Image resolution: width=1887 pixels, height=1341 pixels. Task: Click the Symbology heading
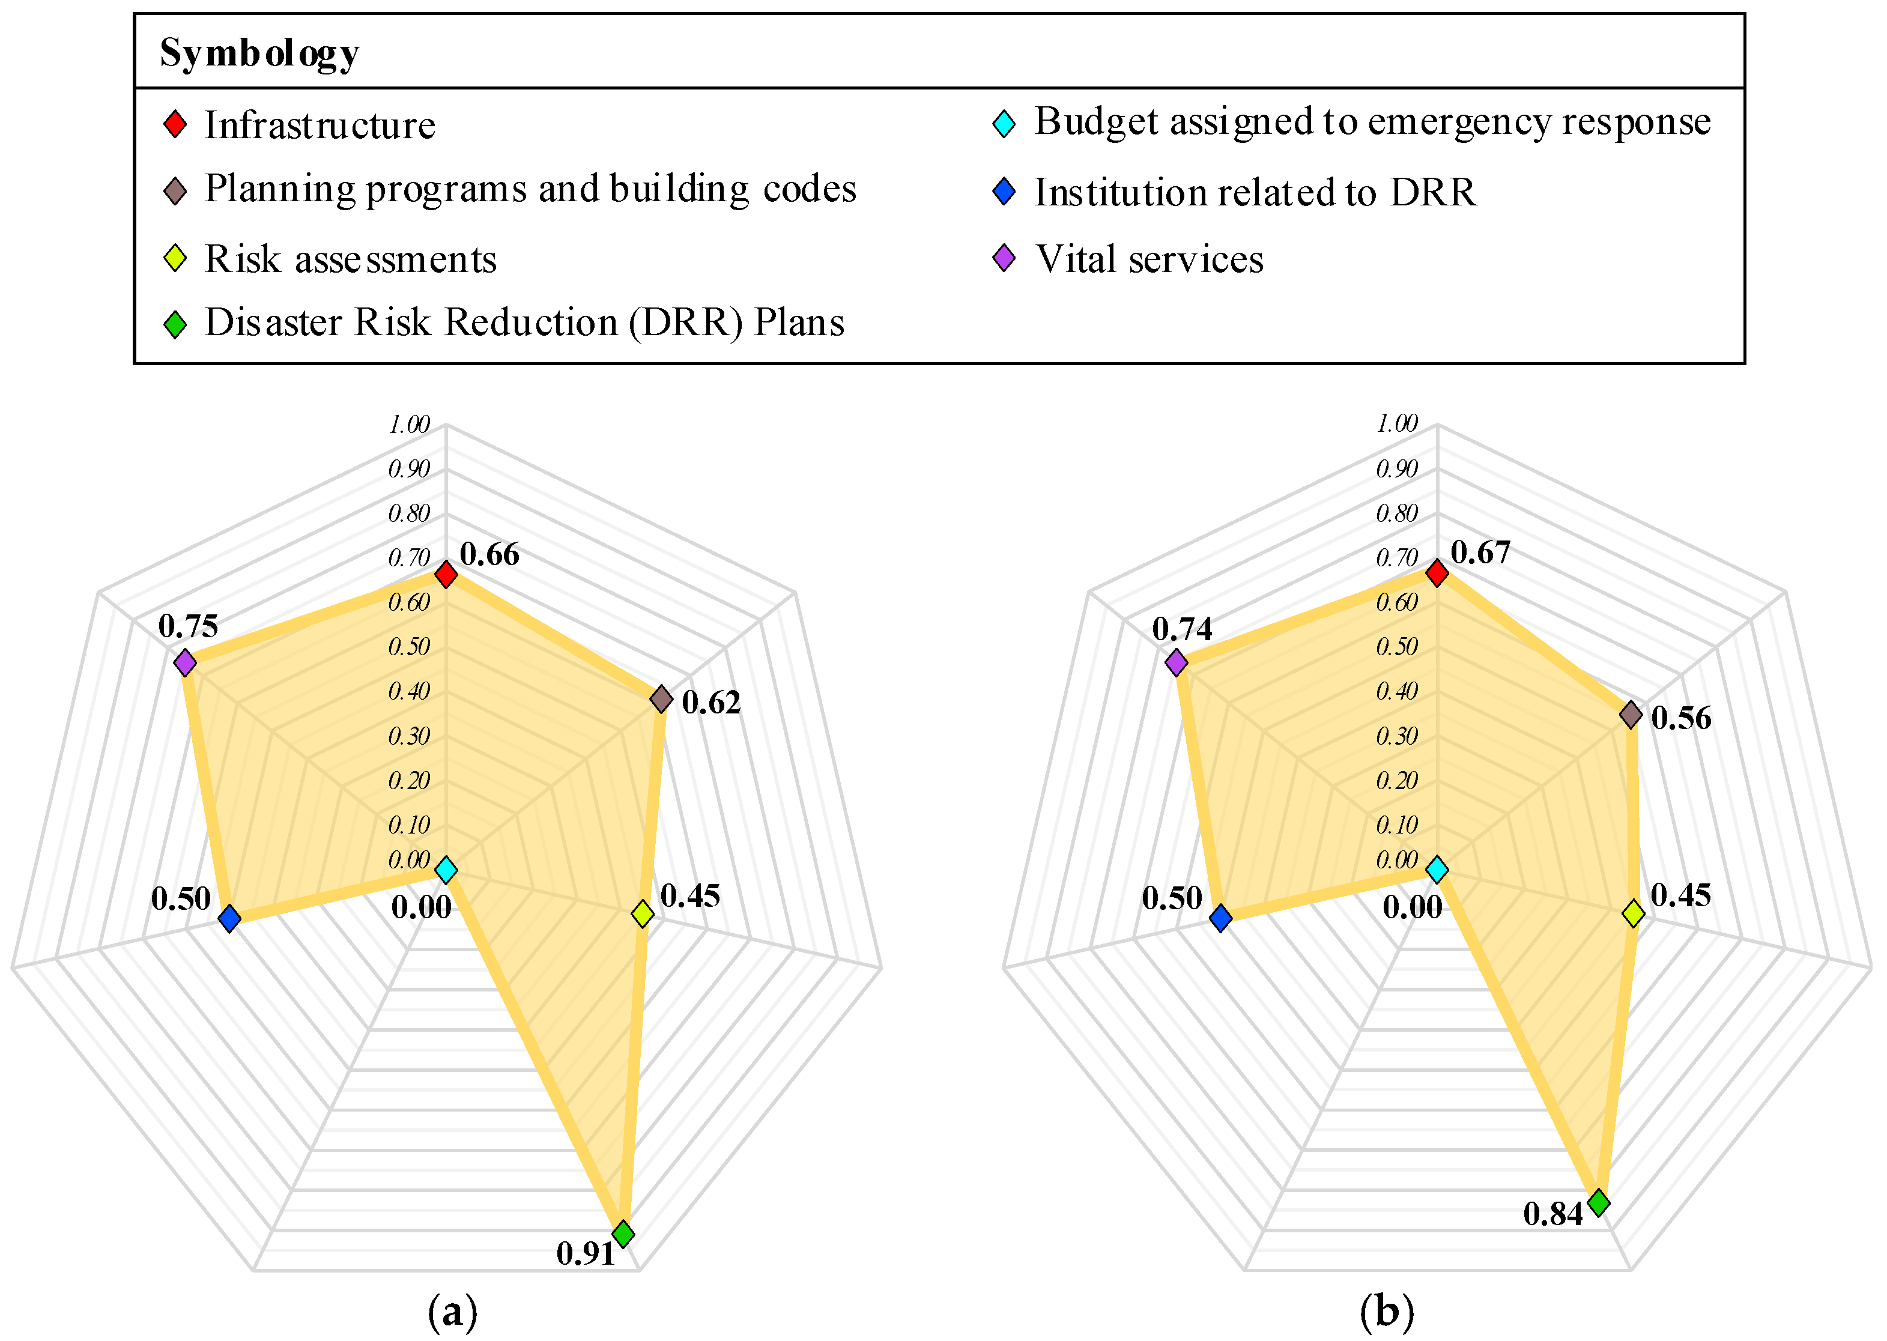tap(259, 53)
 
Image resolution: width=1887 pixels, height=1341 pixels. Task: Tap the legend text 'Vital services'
tap(1149, 259)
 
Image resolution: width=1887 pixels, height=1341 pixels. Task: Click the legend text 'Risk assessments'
tap(350, 259)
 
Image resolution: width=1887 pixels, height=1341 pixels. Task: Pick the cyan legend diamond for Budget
tap(1004, 124)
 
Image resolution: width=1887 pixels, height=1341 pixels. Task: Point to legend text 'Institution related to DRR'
tap(1255, 192)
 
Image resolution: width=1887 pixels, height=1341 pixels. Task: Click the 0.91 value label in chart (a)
tap(586, 1253)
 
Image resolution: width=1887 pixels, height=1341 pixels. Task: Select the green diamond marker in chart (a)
tap(623, 1234)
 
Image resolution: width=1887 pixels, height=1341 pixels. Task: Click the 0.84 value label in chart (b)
tap(1552, 1213)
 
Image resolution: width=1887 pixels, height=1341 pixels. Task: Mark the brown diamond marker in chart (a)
tap(661, 698)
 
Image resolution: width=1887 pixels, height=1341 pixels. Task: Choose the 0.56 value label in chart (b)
tap(1682, 718)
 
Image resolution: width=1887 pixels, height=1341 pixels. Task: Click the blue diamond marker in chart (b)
tap(1220, 918)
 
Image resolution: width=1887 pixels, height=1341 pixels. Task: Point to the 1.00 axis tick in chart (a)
tap(410, 425)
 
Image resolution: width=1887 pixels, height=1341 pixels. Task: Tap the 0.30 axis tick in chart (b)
tap(1396, 736)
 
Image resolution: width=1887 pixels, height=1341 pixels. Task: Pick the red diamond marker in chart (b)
tap(1438, 572)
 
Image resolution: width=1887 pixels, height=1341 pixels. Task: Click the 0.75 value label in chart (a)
tap(189, 626)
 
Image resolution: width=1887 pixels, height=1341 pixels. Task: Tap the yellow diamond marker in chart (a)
tap(643, 913)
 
